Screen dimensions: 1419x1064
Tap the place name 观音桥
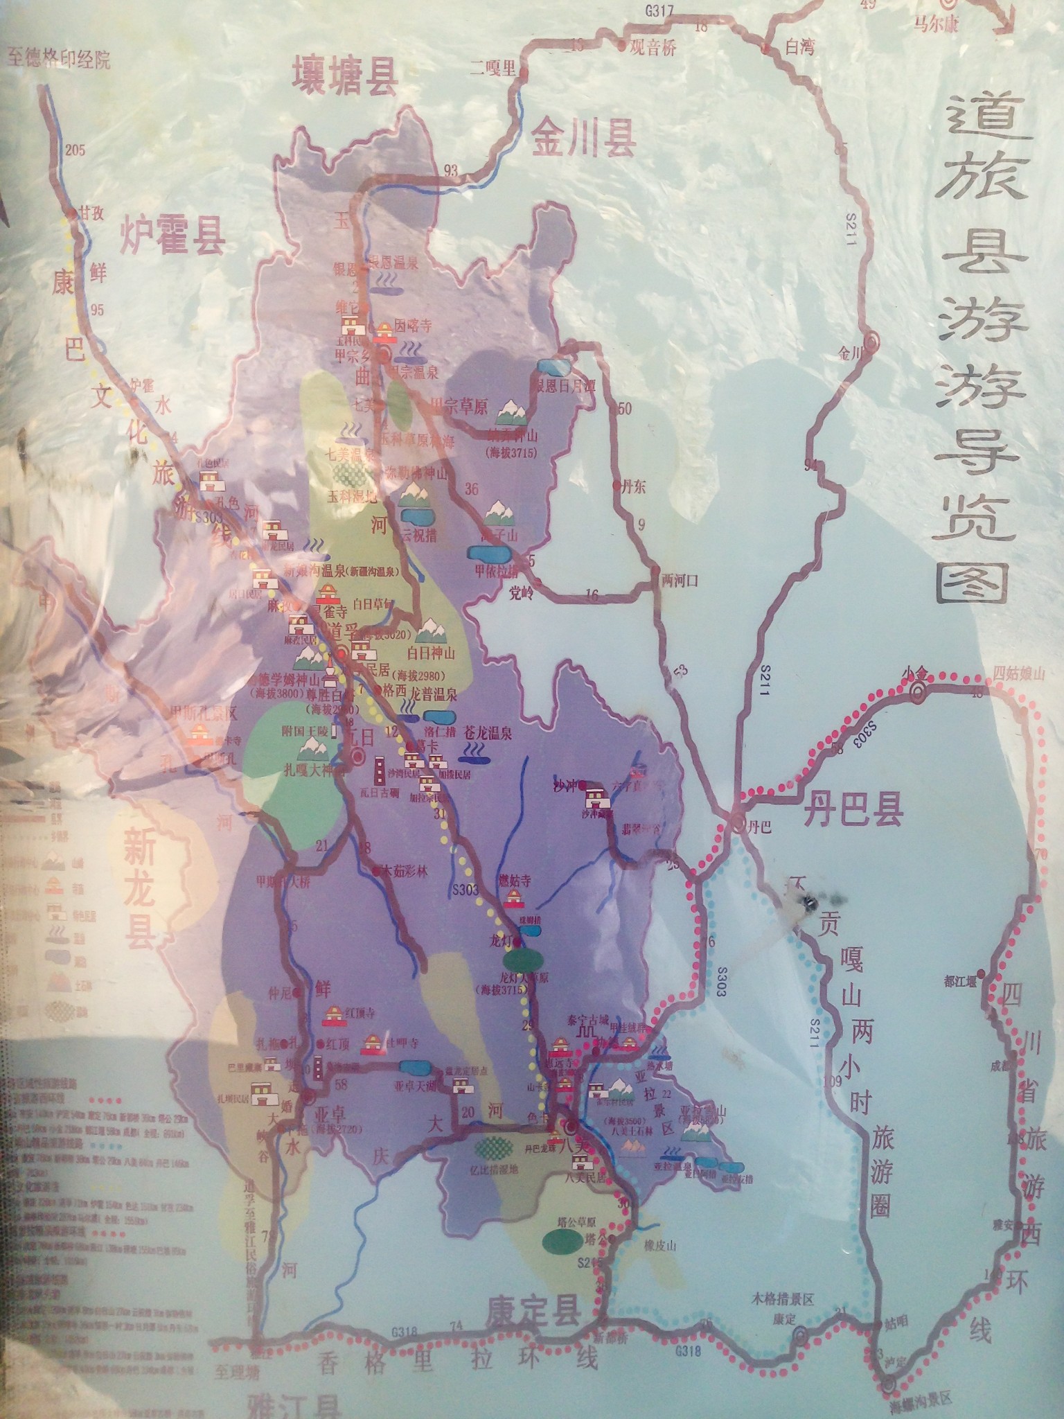click(652, 47)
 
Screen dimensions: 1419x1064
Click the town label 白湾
click(800, 47)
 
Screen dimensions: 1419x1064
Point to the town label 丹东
click(633, 486)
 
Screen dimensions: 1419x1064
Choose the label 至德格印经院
click(59, 58)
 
